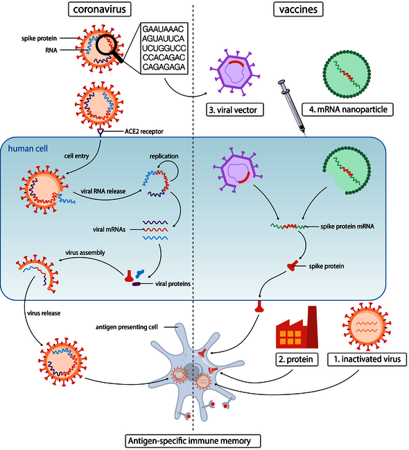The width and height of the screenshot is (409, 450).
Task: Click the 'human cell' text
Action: (x=27, y=147)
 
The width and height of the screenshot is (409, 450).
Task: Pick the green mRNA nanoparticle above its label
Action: (x=349, y=72)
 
